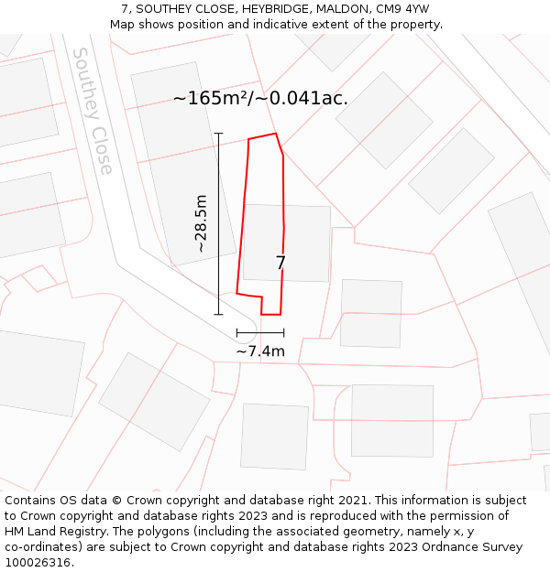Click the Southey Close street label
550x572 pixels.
point(93,111)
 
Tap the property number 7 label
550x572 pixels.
point(280,264)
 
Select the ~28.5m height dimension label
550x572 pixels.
point(201,224)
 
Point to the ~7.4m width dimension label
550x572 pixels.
point(260,351)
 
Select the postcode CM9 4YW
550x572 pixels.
point(402,9)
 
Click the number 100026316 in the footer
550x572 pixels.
point(38,563)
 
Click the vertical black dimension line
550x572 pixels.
point(218,224)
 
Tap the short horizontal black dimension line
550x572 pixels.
point(260,332)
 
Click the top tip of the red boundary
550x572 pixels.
point(275,134)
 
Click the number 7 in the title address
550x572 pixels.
point(125,9)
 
